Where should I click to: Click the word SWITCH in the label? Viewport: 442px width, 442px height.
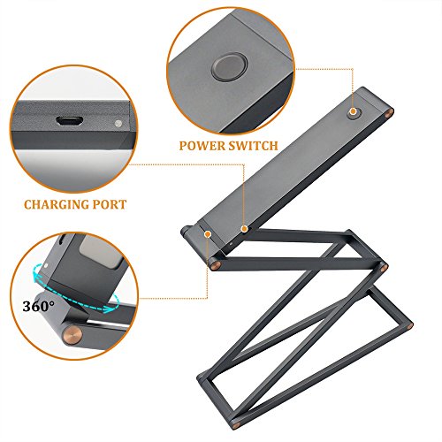click(252, 146)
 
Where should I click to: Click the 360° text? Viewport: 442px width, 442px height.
click(38, 306)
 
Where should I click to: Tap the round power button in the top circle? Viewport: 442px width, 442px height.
click(230, 67)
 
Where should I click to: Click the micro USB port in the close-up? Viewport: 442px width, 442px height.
click(69, 121)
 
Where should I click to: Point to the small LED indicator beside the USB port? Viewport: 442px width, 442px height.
click(118, 123)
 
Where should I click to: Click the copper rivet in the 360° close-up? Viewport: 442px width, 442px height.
click(72, 334)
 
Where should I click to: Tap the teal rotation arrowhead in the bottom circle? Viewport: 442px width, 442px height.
click(110, 309)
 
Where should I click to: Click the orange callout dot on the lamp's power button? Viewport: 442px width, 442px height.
click(353, 112)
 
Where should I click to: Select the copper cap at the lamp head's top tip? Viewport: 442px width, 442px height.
click(389, 113)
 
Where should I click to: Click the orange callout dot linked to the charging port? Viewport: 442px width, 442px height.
click(244, 229)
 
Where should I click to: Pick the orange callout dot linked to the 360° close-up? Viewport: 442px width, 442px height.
click(208, 234)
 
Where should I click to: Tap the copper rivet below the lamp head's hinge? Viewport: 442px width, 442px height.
click(214, 264)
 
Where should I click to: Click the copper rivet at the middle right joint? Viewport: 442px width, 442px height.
click(385, 267)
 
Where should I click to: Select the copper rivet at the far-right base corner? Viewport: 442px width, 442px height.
click(409, 326)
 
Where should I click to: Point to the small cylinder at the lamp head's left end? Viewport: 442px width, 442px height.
click(187, 231)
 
